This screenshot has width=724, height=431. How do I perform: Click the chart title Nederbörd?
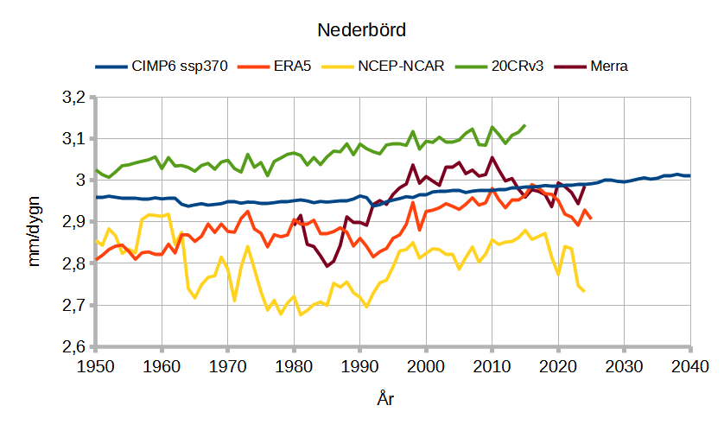coord(361,29)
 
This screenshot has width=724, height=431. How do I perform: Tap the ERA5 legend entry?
coord(289,67)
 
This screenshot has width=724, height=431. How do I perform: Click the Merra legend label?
coord(608,67)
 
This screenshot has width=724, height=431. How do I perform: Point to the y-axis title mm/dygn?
coord(35,223)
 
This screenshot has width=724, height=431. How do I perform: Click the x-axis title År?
coord(386,399)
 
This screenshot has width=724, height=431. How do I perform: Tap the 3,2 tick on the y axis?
coord(76,97)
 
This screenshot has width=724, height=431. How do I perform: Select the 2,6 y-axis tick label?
coord(76,346)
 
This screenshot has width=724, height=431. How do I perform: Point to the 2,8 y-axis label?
coord(76,263)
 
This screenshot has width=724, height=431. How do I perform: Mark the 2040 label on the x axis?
coord(690,366)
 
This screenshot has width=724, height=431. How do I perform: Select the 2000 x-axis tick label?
coord(426,366)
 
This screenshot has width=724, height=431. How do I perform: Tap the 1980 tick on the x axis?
coord(294,366)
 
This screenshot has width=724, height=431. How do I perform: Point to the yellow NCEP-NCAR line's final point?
coord(584,291)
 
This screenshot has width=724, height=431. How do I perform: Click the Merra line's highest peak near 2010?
coord(492,158)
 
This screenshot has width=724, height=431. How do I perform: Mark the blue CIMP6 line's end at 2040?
coord(690,175)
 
